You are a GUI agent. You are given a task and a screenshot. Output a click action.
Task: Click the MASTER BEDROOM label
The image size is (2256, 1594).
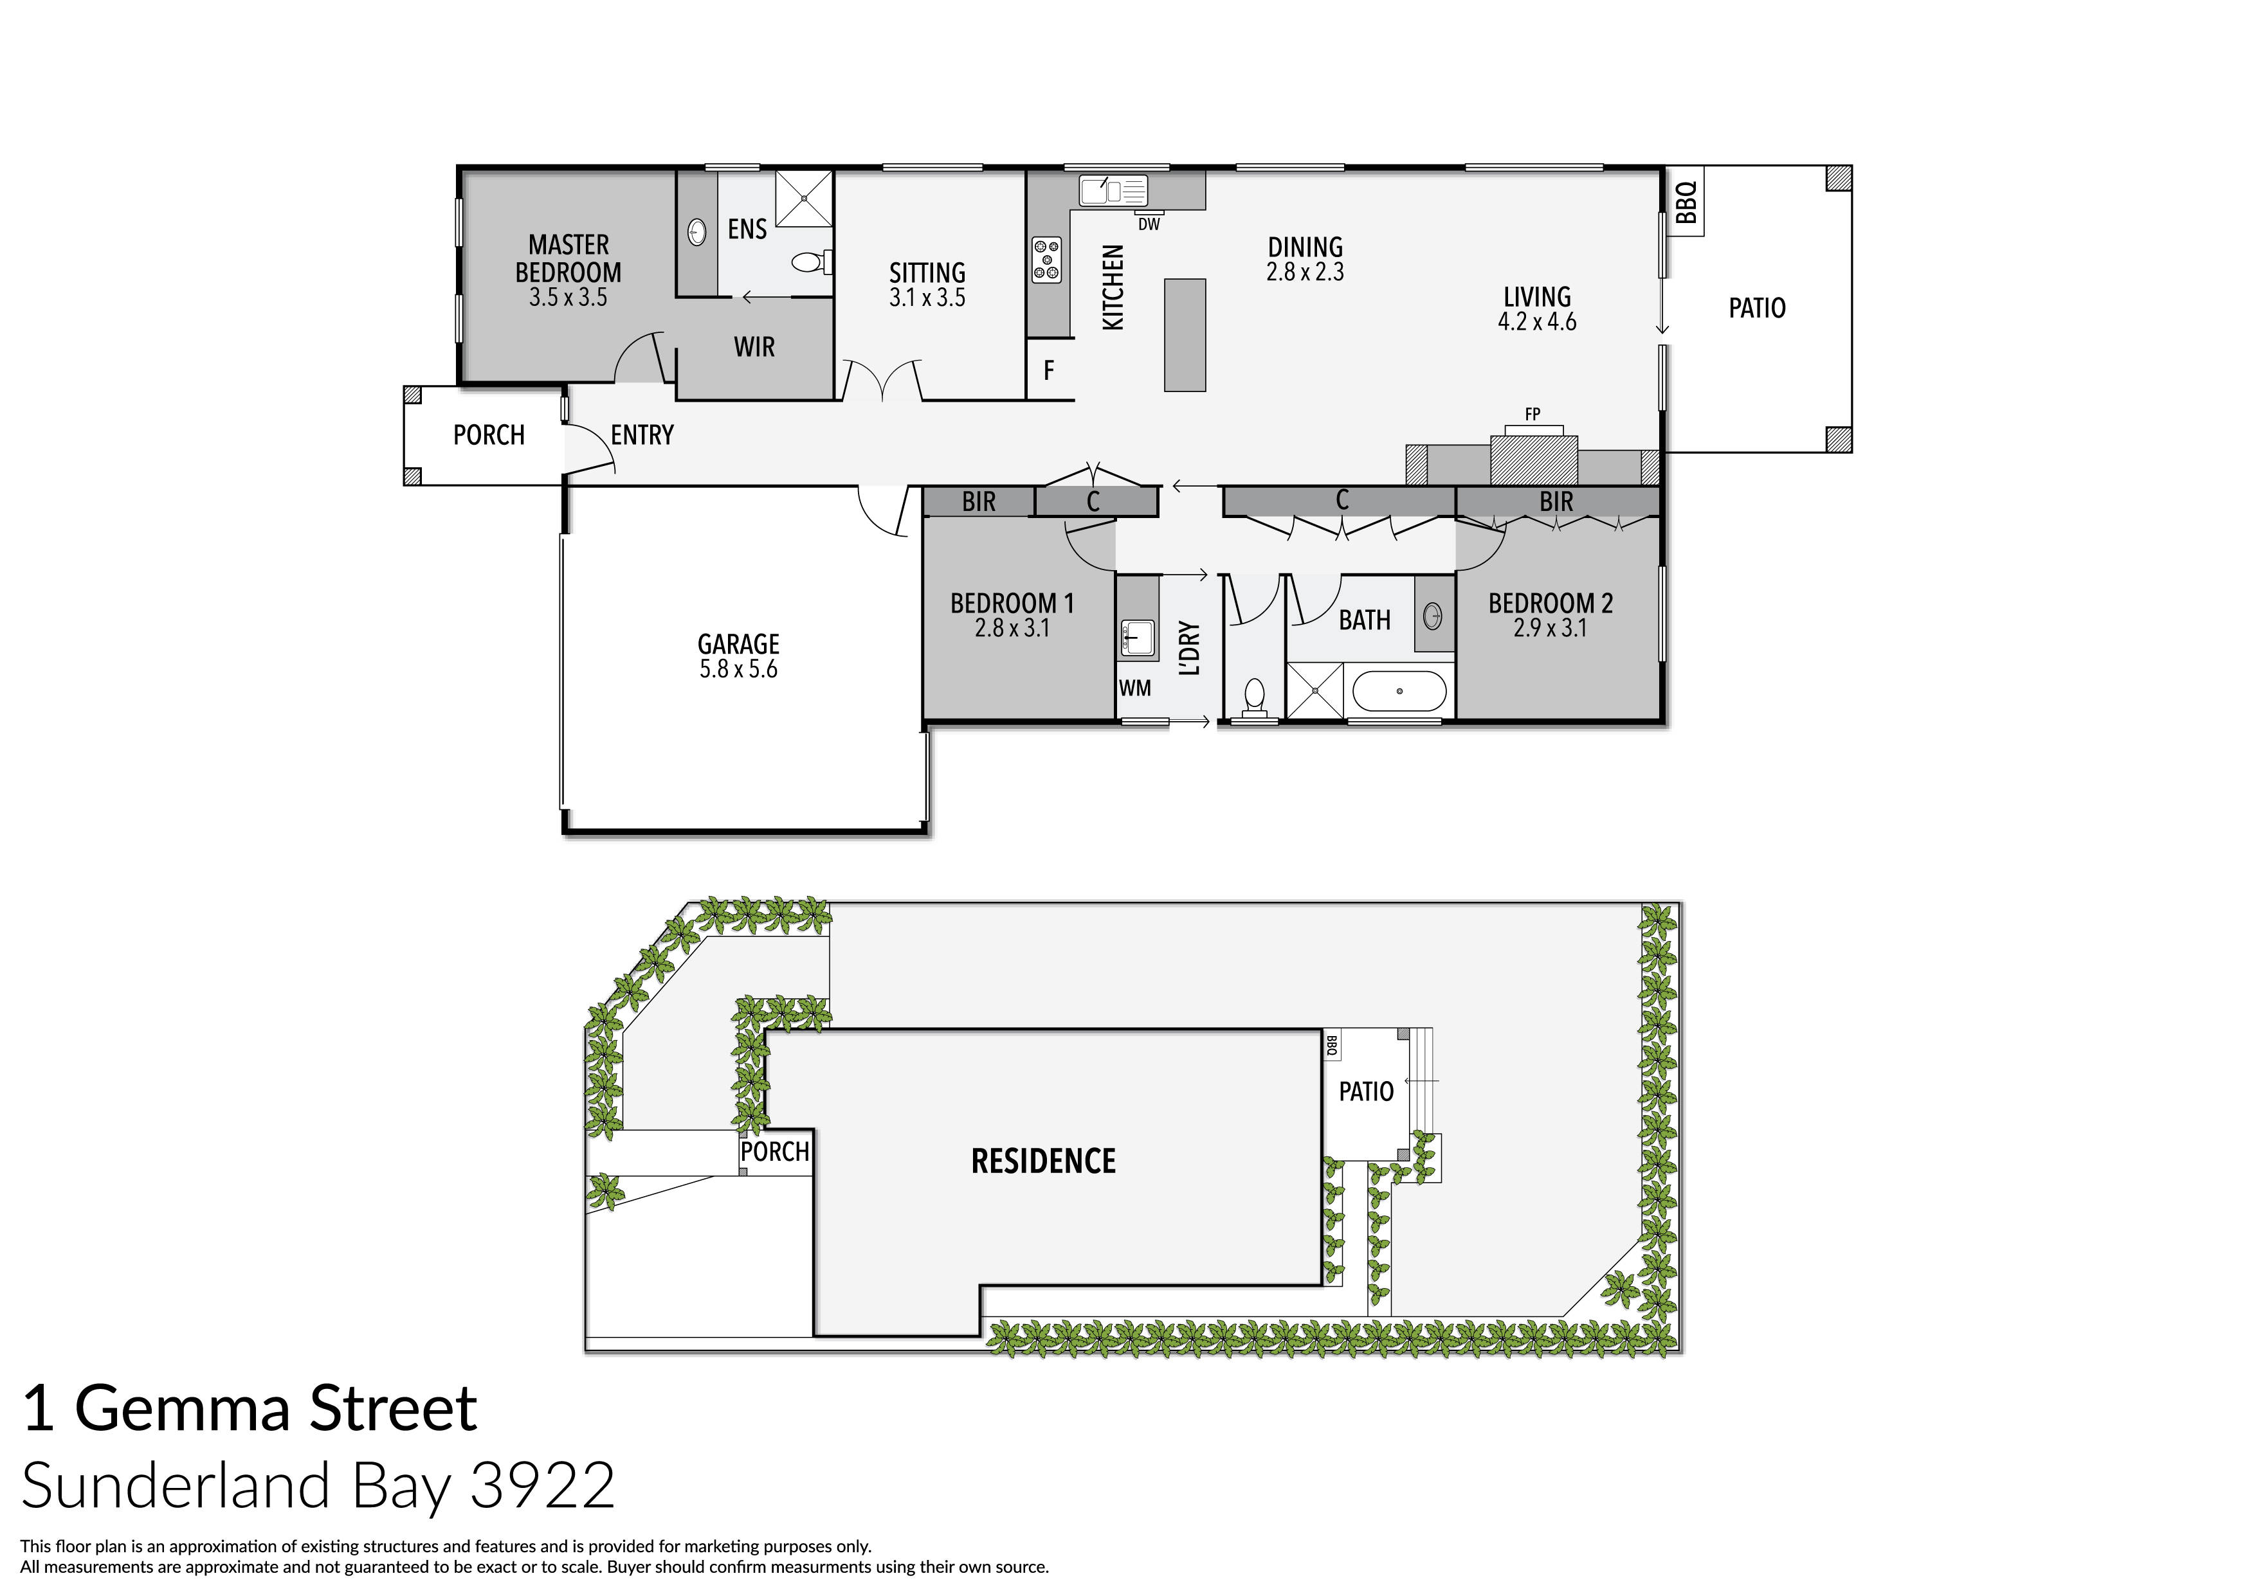tap(568, 258)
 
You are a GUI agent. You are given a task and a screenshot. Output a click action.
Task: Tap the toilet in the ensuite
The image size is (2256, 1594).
tap(808, 262)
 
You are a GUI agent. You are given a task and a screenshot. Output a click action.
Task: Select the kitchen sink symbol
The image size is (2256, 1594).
tap(1113, 190)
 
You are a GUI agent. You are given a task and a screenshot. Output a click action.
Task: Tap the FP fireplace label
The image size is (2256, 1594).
tap(1532, 415)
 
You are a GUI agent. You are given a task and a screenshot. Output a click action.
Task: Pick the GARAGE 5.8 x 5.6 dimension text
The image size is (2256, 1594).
tap(738, 670)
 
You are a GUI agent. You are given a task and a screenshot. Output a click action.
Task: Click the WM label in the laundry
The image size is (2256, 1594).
tap(1135, 688)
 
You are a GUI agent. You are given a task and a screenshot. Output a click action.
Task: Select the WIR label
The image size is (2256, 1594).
tap(754, 346)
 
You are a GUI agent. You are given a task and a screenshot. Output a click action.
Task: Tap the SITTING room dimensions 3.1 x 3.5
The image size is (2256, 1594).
tap(927, 298)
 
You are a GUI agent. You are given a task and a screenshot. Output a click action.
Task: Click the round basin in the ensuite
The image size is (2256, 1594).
tap(696, 233)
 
